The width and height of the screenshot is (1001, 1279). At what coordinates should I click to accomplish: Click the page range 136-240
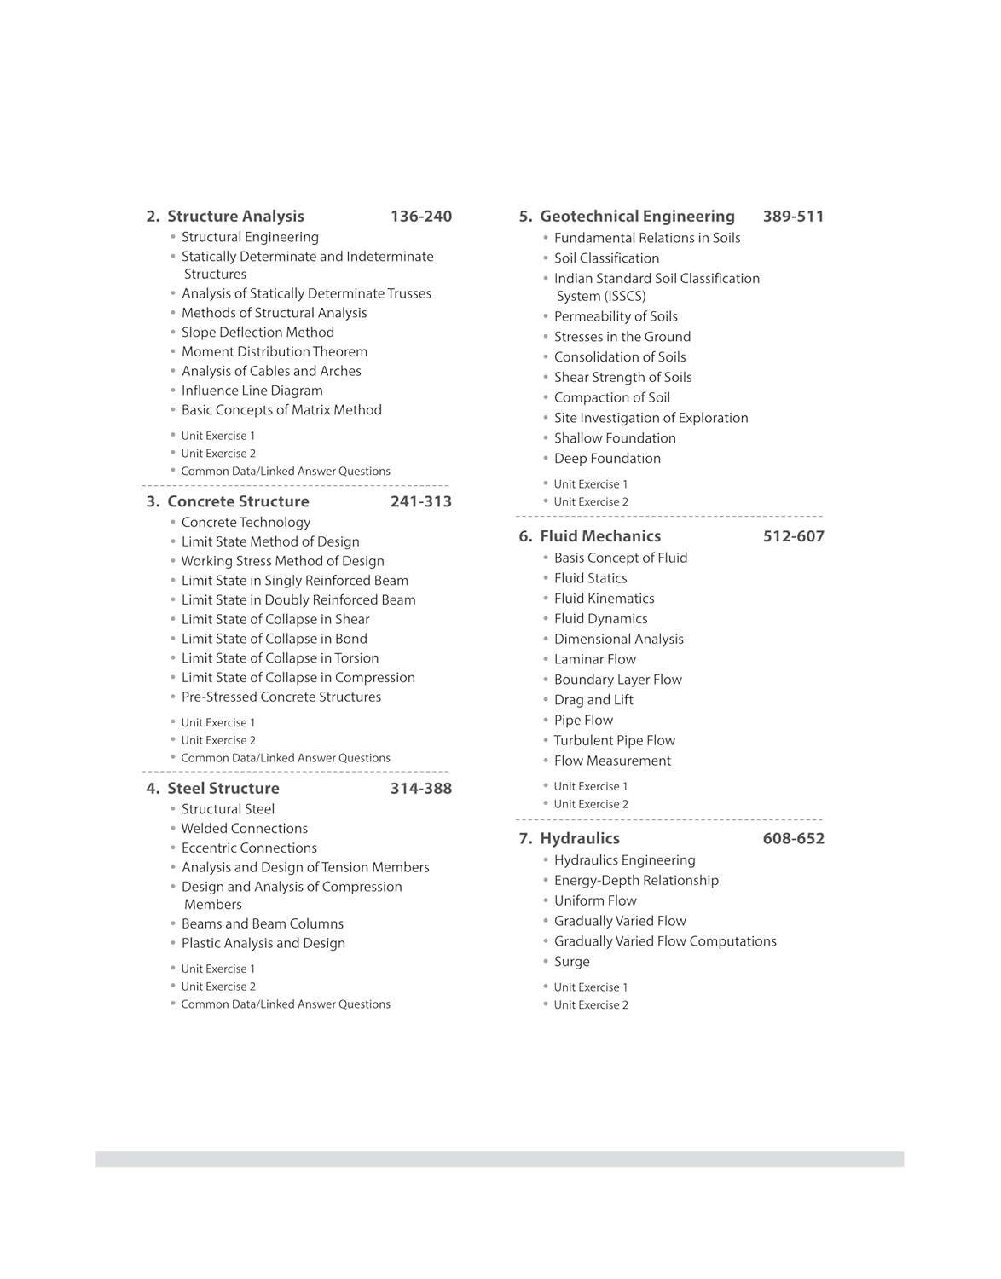pyautogui.click(x=420, y=217)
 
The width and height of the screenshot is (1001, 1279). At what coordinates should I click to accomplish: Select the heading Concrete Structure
pyautogui.click(x=238, y=501)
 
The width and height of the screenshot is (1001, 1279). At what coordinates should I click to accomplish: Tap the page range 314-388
pyautogui.click(x=420, y=789)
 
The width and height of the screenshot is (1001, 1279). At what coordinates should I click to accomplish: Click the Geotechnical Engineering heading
pyautogui.click(x=637, y=217)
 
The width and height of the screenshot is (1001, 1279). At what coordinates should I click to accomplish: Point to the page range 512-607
pyautogui.click(x=793, y=536)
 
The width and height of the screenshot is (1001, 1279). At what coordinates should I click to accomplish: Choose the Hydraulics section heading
pyautogui.click(x=580, y=838)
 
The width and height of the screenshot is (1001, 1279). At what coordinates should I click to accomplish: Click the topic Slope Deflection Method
pyautogui.click(x=257, y=333)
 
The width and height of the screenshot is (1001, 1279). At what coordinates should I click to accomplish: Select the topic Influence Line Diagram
pyautogui.click(x=252, y=391)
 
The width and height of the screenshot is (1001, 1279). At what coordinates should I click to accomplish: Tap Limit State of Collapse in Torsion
pyautogui.click(x=280, y=658)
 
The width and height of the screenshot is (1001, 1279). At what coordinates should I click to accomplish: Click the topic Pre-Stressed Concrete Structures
pyautogui.click(x=281, y=697)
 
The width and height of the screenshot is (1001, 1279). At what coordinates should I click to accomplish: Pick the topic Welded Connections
pyautogui.click(x=245, y=829)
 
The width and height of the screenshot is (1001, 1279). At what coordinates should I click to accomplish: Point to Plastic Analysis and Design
pyautogui.click(x=263, y=943)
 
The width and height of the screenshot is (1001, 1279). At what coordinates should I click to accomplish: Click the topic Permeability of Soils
pyautogui.click(x=616, y=316)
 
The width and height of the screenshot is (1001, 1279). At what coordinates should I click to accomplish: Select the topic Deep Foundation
pyautogui.click(x=607, y=459)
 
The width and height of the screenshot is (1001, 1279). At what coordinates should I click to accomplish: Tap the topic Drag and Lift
pyautogui.click(x=593, y=700)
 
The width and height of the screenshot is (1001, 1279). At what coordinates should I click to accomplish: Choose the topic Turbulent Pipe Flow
pyautogui.click(x=615, y=741)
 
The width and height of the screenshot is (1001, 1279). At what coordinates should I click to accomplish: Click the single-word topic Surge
pyautogui.click(x=572, y=962)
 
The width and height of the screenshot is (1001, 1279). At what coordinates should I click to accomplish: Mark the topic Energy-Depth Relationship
pyautogui.click(x=636, y=881)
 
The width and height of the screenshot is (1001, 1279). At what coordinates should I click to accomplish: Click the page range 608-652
pyautogui.click(x=793, y=839)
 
